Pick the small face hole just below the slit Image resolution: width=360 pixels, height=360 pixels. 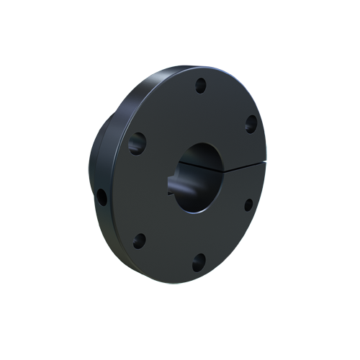point(248,204)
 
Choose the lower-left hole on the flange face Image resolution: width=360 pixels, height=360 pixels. point(140,241)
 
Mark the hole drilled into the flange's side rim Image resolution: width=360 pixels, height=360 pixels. point(102,195)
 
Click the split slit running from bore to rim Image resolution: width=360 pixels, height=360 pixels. point(241,169)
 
